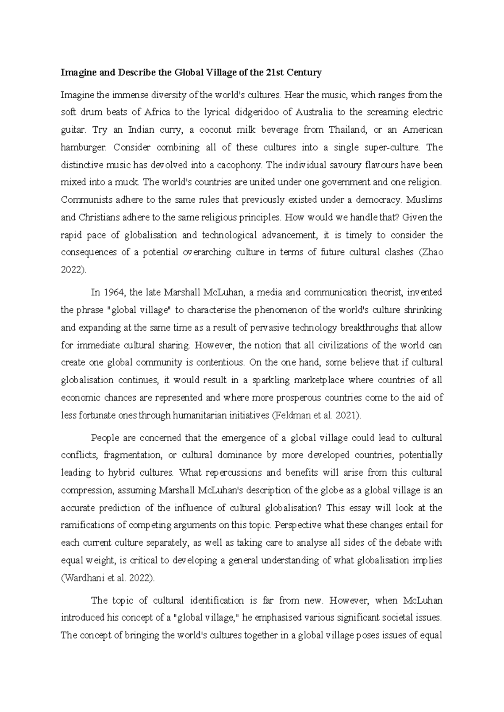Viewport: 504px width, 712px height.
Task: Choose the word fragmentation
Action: (x=132, y=455)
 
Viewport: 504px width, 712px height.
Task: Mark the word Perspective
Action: (x=298, y=526)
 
